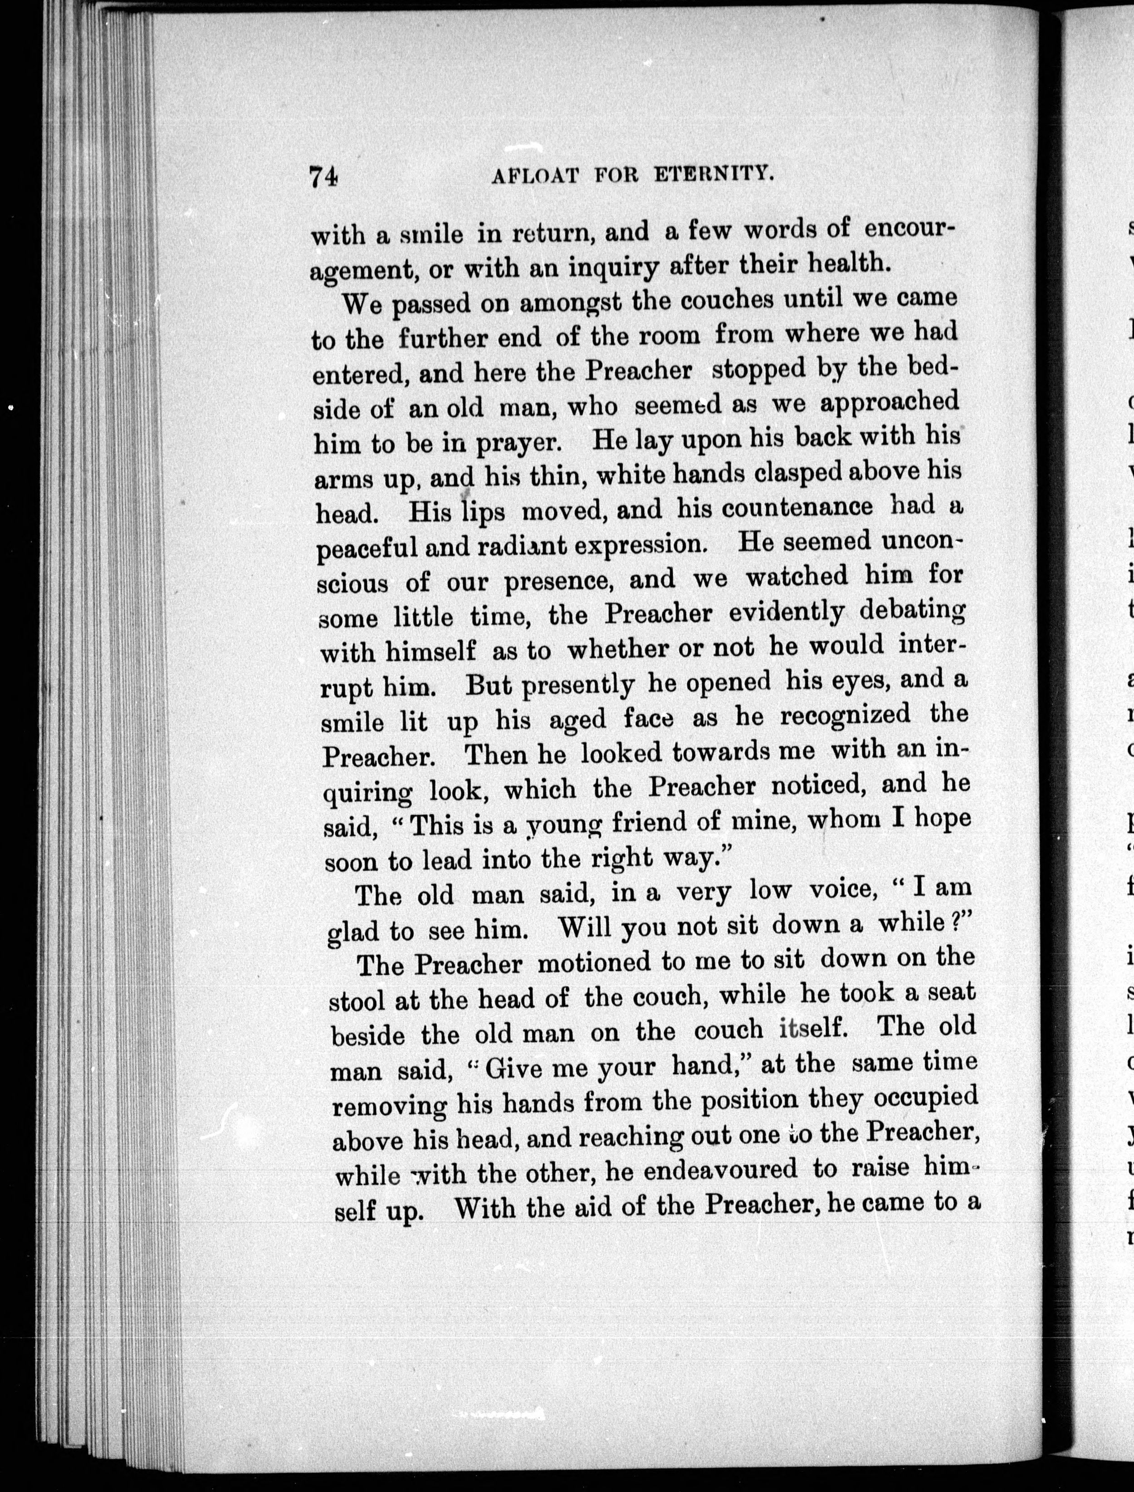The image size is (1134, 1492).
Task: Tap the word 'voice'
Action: [x=845, y=890]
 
